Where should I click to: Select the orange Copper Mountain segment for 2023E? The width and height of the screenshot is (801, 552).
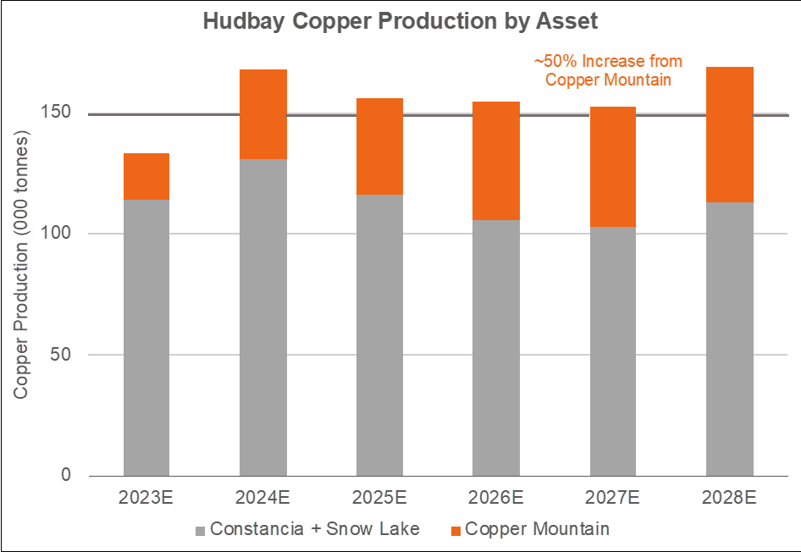coord(146,176)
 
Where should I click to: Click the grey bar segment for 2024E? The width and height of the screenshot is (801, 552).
coord(262,317)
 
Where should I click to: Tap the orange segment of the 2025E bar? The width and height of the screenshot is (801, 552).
coord(379,146)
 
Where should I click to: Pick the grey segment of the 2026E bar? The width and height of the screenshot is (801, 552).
coord(496,347)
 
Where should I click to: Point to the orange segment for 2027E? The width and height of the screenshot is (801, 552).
coord(612,166)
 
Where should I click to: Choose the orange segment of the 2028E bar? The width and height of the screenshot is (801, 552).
coord(729,134)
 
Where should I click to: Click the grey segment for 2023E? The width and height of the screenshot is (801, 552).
coord(146,337)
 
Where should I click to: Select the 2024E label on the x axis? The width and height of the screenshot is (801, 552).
coord(262,497)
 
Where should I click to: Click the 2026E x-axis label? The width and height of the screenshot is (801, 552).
coord(496,497)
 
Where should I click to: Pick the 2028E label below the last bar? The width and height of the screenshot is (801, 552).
coord(729,497)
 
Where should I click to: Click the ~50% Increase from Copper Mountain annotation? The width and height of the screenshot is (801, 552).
coord(608,70)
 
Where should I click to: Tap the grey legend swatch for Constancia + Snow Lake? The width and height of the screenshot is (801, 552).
coord(200,531)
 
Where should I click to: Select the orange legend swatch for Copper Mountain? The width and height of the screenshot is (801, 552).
coord(456,531)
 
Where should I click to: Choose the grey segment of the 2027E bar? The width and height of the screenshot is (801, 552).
coord(612,351)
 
